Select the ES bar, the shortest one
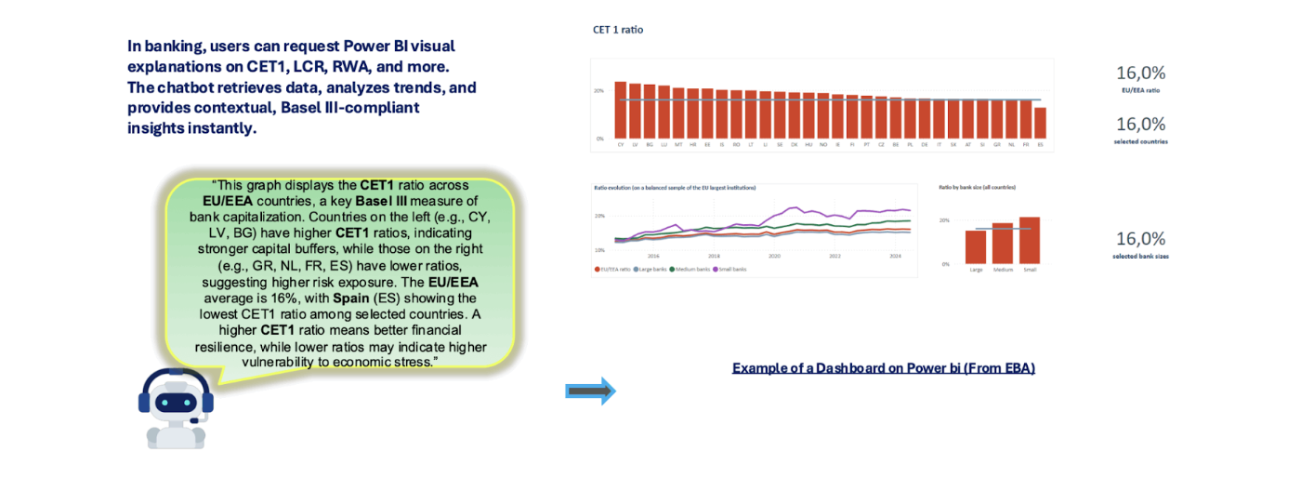[1040, 123]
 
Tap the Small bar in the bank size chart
[1030, 241]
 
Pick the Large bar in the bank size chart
[976, 247]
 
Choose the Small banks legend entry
[730, 269]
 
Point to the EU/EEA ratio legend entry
[613, 269]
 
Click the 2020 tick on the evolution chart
[774, 256]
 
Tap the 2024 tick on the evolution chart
[895, 256]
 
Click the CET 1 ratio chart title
[618, 30]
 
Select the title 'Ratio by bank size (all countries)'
[977, 187]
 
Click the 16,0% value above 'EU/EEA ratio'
[1140, 73]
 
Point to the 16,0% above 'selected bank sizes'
[1140, 239]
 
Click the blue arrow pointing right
[591, 391]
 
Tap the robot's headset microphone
[196, 420]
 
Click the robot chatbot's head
[176, 400]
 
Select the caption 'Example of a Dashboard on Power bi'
[883, 368]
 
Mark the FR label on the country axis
[1026, 145]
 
